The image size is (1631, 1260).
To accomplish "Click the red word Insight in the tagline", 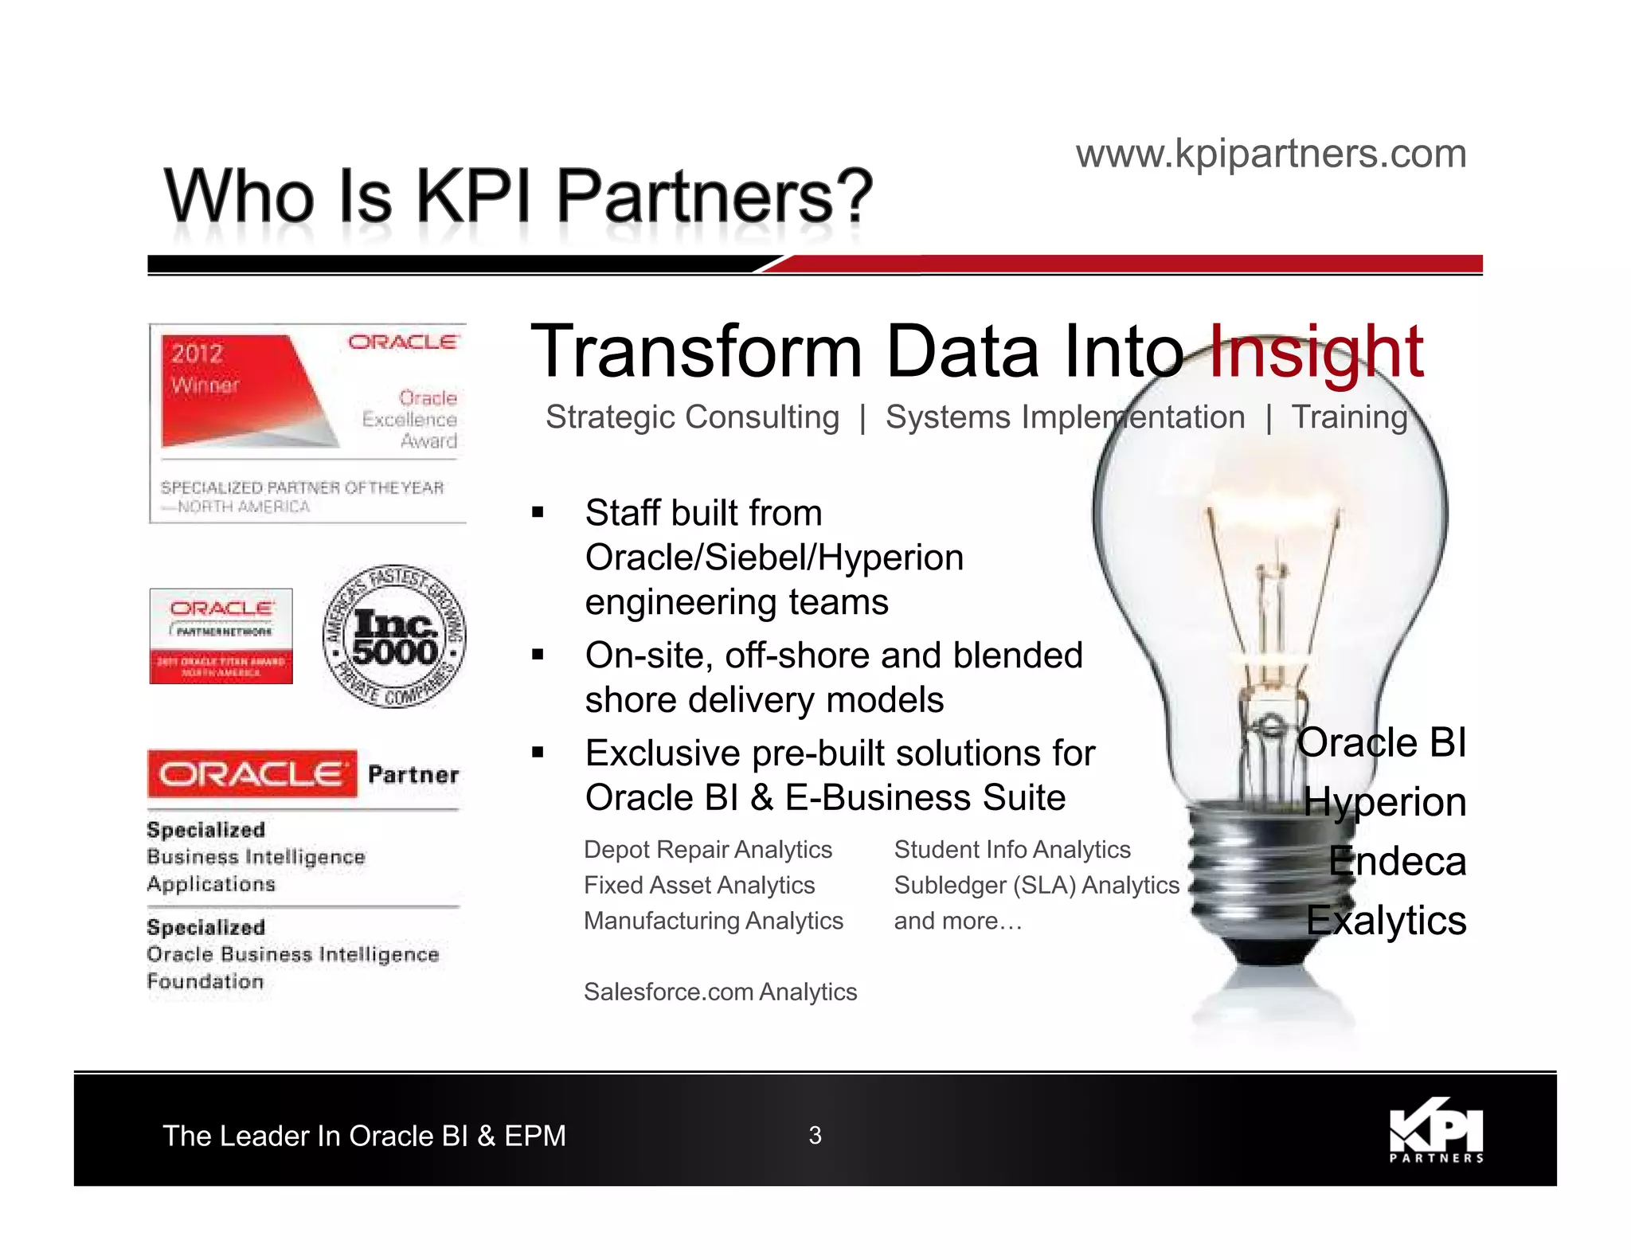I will coord(1316,352).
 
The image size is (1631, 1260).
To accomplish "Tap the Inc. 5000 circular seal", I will coord(394,636).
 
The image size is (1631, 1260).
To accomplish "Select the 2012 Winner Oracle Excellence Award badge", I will coord(308,423).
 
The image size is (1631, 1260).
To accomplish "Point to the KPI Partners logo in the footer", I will coord(1436,1130).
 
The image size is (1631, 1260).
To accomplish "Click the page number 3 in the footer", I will coord(815,1135).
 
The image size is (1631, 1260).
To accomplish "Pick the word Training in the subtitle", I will coord(1350,417).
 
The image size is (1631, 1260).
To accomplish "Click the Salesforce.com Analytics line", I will coord(720,992).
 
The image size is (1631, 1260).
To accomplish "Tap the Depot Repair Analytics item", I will coord(707,850).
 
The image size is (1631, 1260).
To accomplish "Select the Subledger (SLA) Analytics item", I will coord(1036,885).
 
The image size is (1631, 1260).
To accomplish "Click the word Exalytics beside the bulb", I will coord(1386,921).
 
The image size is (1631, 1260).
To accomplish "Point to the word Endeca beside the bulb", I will coord(1397,861).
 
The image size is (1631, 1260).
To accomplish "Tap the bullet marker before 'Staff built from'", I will coord(538,512).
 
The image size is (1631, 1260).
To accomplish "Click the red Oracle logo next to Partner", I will coord(252,773).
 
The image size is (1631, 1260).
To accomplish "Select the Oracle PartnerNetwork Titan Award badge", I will coord(221,636).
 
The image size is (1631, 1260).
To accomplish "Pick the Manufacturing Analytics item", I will coord(713,921).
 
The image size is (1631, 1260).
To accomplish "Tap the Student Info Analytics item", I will coord(1011,850).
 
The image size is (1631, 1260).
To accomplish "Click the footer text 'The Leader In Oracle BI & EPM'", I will coord(364,1136).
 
